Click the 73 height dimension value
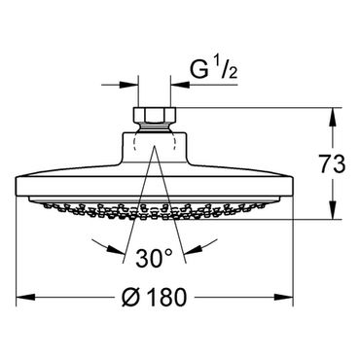tap(331, 164)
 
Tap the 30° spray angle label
tap(155, 258)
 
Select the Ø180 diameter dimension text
tap(155, 297)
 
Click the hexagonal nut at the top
tap(155, 115)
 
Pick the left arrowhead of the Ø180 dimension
tap(25, 297)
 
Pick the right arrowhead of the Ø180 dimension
tap(284, 297)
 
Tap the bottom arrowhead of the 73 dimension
tap(333, 210)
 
